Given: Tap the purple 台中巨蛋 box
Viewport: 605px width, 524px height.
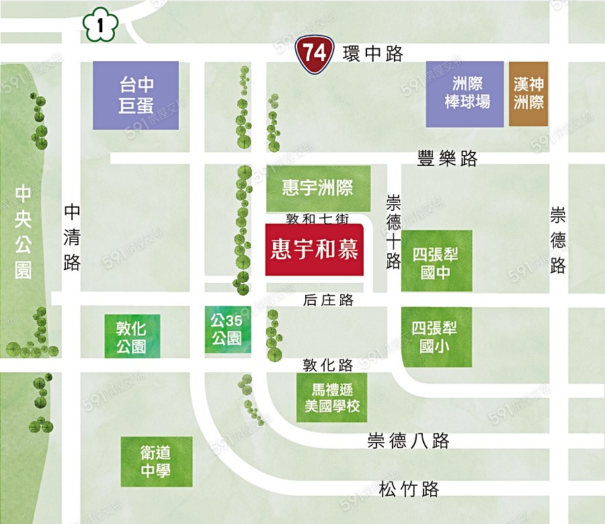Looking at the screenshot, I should (x=136, y=95).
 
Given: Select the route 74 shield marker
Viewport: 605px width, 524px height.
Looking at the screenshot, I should (x=313, y=54).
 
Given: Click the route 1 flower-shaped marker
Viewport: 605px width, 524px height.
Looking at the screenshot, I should (x=99, y=26).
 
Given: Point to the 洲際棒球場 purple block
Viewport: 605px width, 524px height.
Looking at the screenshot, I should (x=465, y=94).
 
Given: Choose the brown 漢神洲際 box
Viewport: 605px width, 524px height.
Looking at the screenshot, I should (x=528, y=94).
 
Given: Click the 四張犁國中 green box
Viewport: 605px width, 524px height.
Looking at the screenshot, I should (x=436, y=262).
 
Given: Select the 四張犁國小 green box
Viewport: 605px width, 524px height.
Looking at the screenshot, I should (x=436, y=337).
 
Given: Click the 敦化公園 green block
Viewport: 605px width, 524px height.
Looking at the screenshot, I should (x=131, y=337).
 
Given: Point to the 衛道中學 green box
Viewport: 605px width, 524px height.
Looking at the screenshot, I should (x=156, y=462).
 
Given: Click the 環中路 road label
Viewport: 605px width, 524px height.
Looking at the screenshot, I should (x=372, y=54).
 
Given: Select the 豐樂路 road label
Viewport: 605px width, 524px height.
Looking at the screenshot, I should (x=447, y=159).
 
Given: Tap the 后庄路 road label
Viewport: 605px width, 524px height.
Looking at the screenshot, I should (x=329, y=300).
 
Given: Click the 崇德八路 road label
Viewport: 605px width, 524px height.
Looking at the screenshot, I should (x=408, y=441).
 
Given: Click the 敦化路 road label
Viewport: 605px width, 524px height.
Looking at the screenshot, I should (x=327, y=365).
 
